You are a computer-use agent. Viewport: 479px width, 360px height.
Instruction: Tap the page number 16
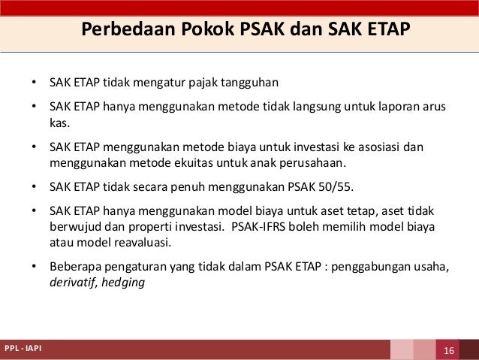pos(450,351)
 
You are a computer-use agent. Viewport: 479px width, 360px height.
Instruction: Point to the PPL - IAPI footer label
pos(23,350)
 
